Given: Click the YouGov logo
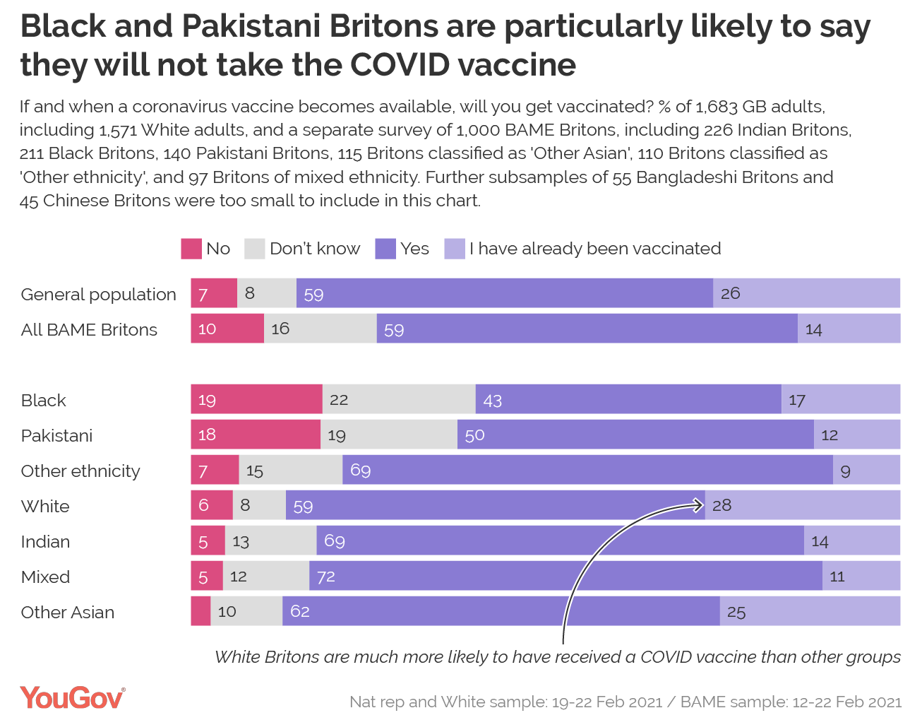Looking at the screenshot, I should click(73, 697).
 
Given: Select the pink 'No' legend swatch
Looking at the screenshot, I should click(191, 249).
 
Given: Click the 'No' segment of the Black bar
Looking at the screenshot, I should click(256, 399).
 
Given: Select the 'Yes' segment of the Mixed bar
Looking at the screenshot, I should click(565, 576).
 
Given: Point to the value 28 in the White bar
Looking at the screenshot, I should click(722, 505).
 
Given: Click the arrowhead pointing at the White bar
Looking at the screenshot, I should click(700, 504).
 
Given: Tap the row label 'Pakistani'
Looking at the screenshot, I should click(56, 435).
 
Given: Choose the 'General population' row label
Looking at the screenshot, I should click(98, 294).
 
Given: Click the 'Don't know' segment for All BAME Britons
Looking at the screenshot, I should click(320, 329).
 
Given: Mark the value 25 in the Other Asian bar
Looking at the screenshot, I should click(736, 612).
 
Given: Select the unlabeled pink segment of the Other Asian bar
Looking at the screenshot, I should click(200, 611).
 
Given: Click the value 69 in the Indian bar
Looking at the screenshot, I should click(334, 541).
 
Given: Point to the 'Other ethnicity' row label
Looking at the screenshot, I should click(80, 471).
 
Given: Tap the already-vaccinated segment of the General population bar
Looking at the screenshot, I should click(806, 293).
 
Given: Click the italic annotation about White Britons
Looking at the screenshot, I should click(557, 656).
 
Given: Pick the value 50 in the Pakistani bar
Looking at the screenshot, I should click(474, 435).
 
